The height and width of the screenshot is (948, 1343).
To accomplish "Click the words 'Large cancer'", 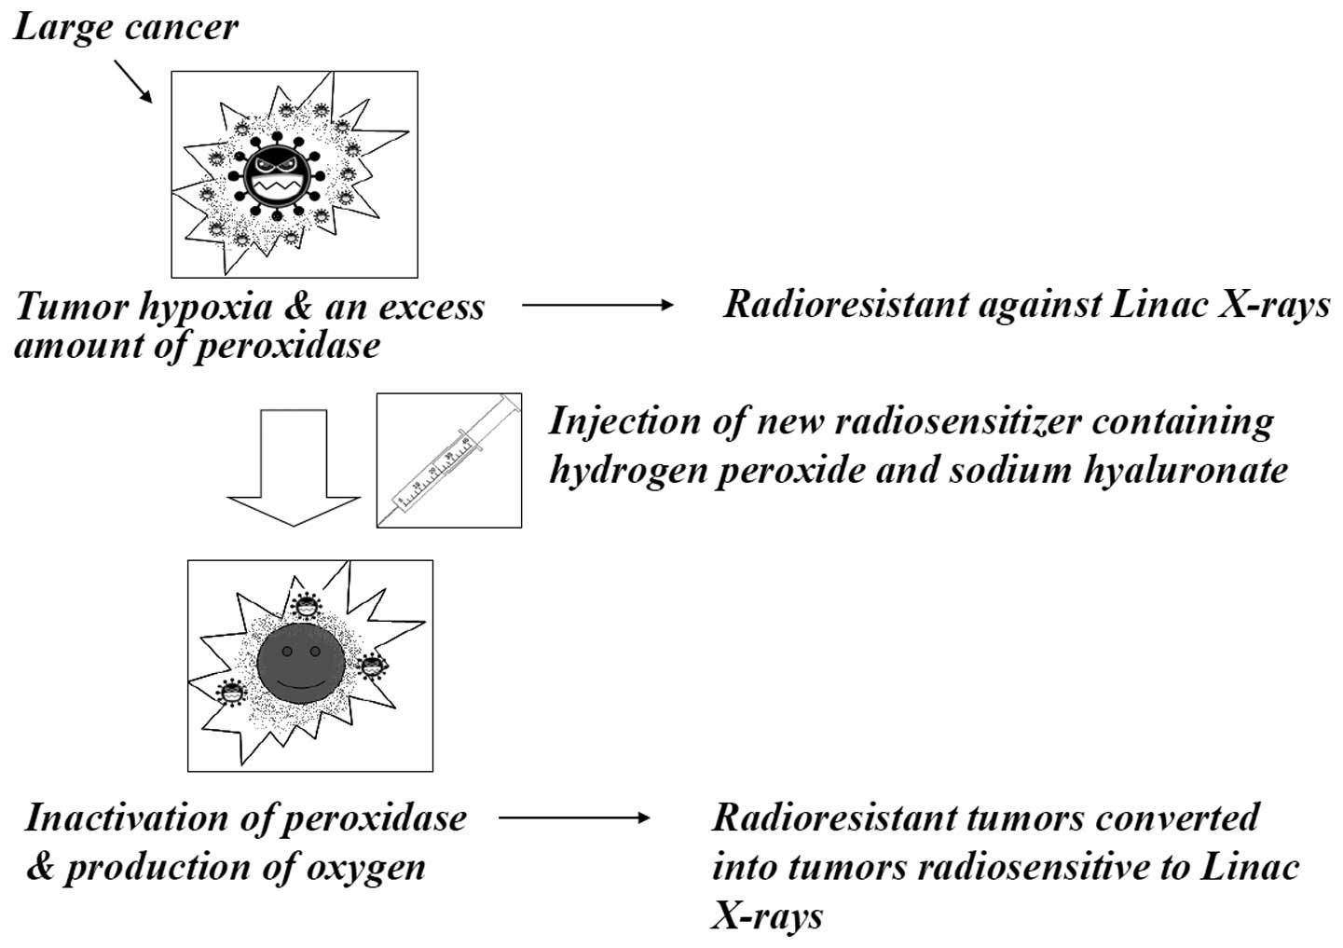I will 125,26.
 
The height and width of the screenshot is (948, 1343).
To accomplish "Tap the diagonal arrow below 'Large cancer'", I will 132,80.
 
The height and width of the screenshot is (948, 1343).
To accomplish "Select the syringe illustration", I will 448,460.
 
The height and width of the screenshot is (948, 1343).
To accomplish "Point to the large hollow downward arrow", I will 295,466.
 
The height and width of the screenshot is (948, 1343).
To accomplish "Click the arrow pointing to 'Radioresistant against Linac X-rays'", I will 596,305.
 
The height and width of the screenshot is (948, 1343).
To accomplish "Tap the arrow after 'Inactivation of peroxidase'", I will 574,818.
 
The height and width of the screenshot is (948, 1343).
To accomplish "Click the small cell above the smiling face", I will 306,606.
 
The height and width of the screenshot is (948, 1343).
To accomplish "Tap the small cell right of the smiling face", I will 372,666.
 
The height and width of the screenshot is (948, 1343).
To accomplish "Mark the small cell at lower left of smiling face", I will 230,693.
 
